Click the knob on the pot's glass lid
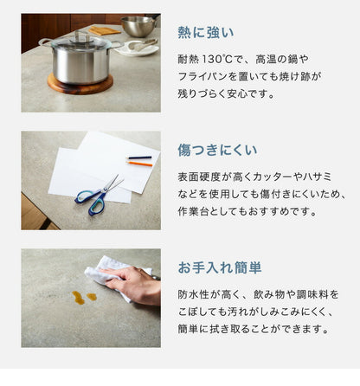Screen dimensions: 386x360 click(80, 36)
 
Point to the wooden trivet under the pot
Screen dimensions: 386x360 click(80, 85)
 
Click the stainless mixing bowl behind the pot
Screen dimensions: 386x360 click(138, 26)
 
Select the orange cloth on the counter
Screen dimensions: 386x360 click(105, 30)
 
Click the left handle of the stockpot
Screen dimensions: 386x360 click(44, 42)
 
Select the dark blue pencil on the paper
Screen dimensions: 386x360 click(138, 158)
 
